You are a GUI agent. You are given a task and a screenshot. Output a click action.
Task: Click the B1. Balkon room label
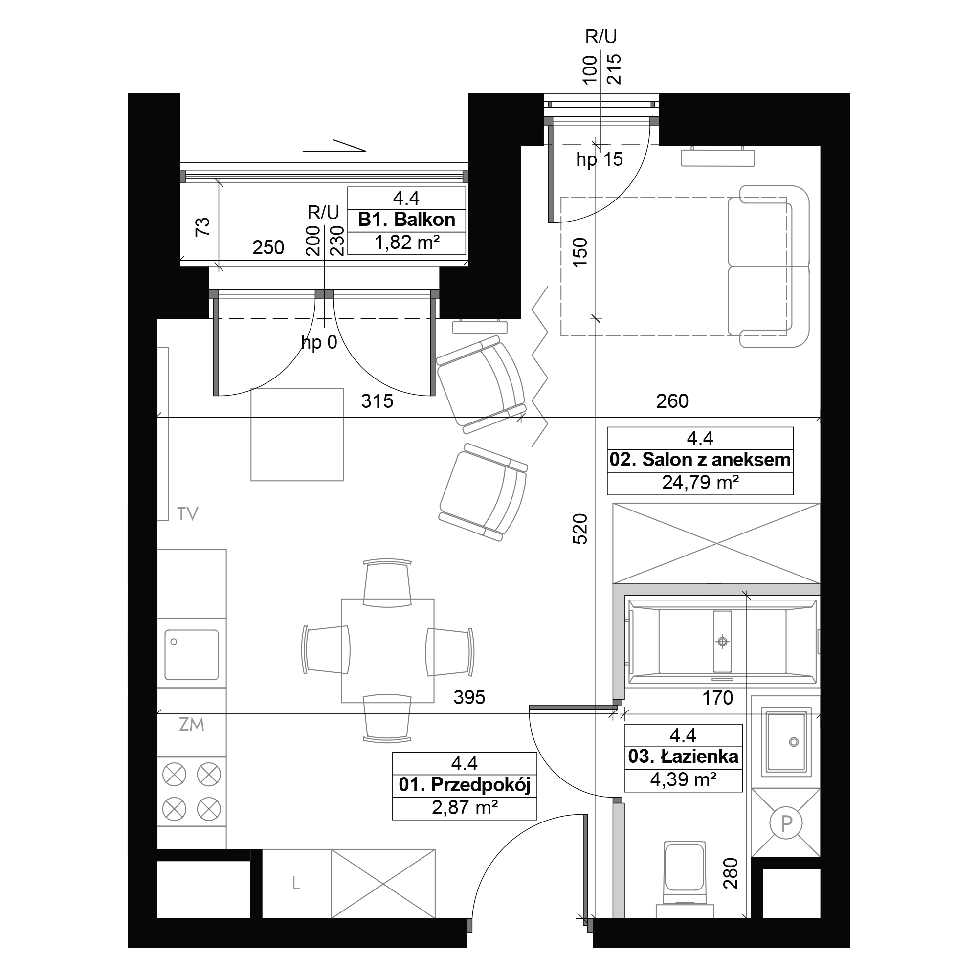tap(406, 220)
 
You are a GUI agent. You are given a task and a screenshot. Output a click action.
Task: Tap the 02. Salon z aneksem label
tap(700, 460)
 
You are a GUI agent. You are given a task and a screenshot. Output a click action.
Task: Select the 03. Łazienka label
tap(683, 756)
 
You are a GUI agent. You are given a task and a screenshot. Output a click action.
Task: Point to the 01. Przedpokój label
tap(464, 785)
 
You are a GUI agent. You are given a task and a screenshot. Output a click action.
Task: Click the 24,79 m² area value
tap(700, 483)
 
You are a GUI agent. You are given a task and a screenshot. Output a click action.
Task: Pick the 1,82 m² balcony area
tap(406, 243)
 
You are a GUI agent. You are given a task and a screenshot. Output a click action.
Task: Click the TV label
tap(187, 514)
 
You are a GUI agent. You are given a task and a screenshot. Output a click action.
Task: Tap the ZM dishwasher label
tap(191, 724)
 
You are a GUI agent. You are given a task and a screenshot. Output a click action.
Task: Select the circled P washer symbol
tap(786, 823)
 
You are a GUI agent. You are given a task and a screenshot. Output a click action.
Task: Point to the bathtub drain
tap(722, 642)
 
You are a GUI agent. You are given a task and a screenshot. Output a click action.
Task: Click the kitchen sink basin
tap(191, 655)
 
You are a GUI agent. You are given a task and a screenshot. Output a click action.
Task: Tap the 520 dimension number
tap(580, 529)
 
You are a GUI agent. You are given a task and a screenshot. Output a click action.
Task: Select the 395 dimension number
tap(469, 698)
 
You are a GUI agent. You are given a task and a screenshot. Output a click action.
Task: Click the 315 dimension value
tap(377, 401)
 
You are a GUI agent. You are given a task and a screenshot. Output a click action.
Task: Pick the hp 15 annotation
tap(600, 160)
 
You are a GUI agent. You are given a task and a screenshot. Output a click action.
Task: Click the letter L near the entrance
tap(296, 883)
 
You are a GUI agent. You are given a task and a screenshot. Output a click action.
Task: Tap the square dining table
tap(388, 650)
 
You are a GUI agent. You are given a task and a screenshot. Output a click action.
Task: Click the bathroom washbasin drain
tap(794, 742)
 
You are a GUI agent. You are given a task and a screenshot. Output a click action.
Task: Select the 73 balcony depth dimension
tap(202, 226)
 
